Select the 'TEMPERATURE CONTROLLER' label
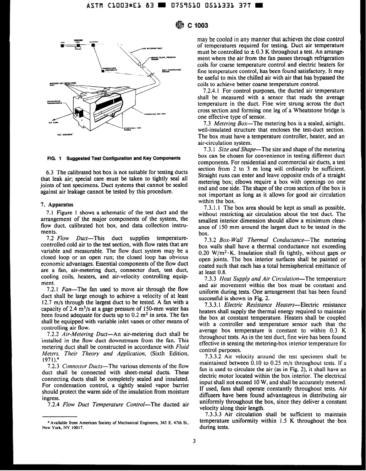110,69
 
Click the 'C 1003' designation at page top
198,26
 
